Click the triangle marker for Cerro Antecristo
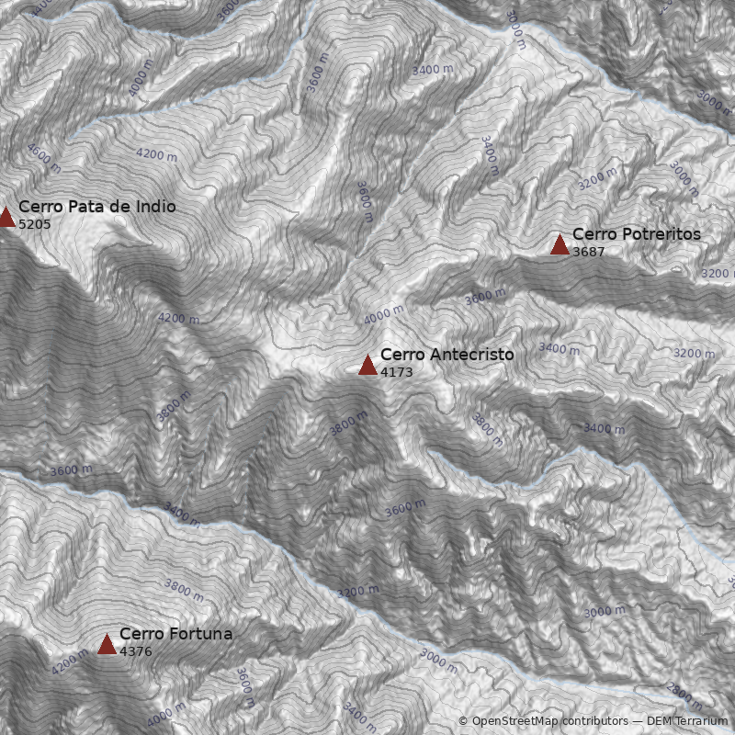tap(367, 365)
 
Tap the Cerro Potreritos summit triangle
tap(560, 244)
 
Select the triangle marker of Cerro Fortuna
tap(107, 644)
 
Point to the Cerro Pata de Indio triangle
tap(6, 217)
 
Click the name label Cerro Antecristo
tap(447, 355)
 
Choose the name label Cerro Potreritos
tap(636, 234)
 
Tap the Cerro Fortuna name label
tap(175, 634)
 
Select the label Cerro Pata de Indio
tap(96, 207)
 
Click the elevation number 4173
tap(396, 373)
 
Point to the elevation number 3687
tap(588, 253)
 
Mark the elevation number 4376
tap(135, 652)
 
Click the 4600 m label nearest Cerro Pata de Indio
tap(43, 158)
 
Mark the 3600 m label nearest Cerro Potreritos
tap(485, 297)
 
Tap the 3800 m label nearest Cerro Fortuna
tap(184, 589)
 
